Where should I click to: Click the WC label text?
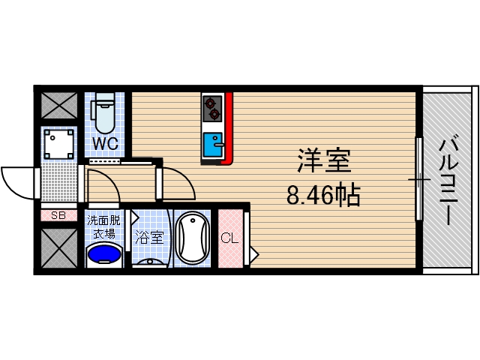tap(103, 142)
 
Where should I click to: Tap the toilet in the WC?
tap(103, 112)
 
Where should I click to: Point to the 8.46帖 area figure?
tap(323, 196)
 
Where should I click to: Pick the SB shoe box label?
tap(58, 215)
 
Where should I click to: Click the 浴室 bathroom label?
tap(148, 238)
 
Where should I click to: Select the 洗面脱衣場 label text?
tap(103, 226)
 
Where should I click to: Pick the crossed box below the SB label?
tap(58, 248)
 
